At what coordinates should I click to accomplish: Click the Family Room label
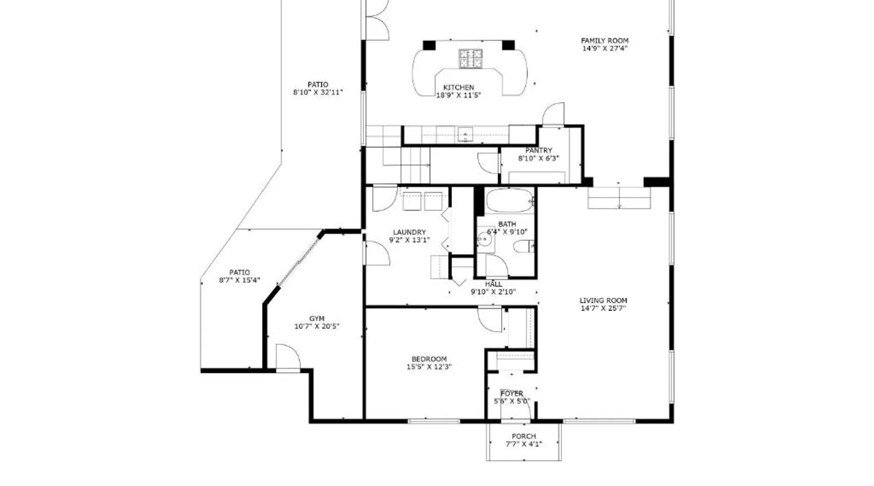605,41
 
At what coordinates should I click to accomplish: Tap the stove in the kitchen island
471,59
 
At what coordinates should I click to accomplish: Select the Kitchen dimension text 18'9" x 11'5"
458,95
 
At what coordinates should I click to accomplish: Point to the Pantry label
538,151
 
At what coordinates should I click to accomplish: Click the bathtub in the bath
510,201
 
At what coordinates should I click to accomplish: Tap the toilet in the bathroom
524,247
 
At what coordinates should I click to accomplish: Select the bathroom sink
484,239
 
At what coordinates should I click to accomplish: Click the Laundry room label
409,232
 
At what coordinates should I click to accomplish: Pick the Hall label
493,284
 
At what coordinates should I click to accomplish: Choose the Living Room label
603,300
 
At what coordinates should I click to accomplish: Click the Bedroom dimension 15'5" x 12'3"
429,367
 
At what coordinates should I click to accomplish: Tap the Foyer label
512,394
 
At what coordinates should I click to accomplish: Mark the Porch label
524,436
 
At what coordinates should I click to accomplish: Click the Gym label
317,319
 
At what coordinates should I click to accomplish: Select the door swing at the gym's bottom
288,357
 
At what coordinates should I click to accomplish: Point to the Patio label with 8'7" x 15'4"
239,273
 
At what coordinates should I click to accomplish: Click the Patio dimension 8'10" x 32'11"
318,92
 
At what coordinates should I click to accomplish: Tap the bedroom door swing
490,319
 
